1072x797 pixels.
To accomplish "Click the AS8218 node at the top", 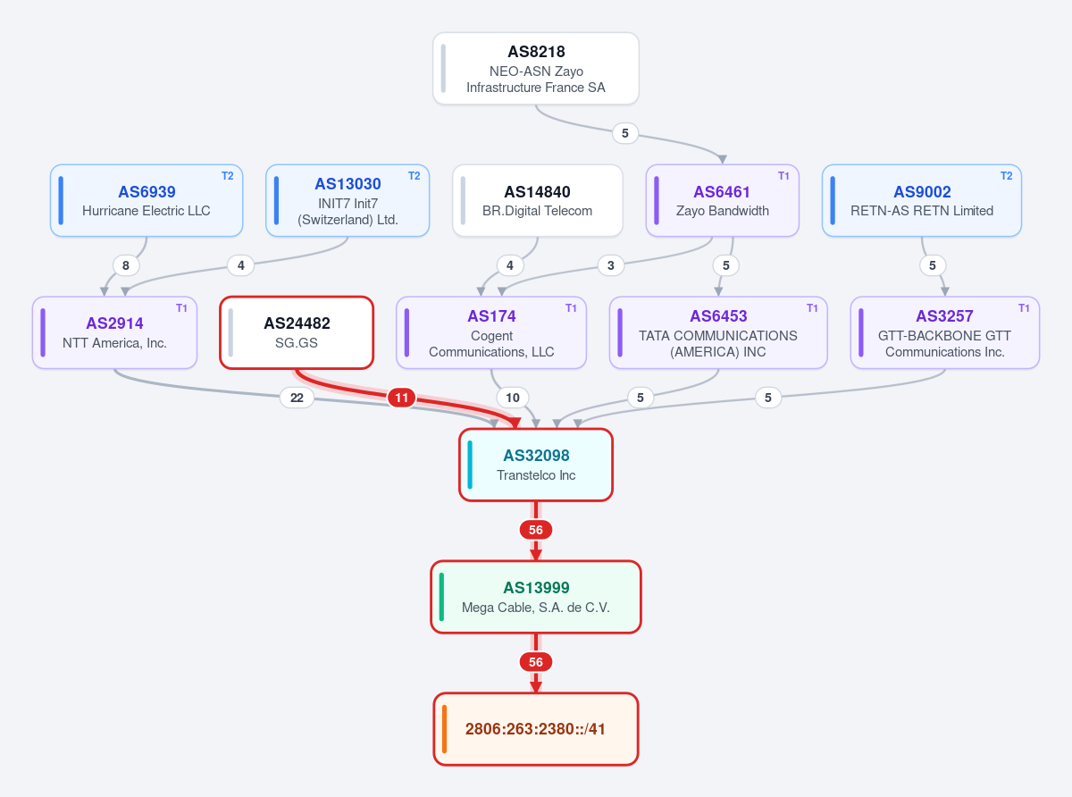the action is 535,69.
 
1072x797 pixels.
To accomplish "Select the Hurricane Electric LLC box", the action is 147,201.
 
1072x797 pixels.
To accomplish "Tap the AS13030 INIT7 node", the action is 348,201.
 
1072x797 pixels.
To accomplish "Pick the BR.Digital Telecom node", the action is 538,201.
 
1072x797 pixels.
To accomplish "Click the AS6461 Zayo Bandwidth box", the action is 722,201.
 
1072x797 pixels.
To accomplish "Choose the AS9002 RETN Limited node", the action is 922,201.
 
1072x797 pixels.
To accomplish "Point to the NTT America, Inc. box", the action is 114,332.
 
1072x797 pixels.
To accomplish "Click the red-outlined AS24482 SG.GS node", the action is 297,332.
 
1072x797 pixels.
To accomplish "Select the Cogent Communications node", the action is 491,332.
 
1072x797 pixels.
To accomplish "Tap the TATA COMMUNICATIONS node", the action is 718,332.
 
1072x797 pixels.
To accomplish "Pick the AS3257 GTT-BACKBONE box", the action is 945,332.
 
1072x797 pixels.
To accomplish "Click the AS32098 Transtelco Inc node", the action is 536,465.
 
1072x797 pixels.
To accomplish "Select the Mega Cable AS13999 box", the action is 536,597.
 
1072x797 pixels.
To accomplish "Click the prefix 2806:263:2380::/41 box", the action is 536,729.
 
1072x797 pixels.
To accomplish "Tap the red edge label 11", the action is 401,398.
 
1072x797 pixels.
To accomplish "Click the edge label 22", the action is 297,398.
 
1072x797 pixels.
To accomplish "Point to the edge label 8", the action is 126,265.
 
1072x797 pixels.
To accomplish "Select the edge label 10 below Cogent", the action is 512,398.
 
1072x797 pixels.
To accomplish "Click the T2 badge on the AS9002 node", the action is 1006,176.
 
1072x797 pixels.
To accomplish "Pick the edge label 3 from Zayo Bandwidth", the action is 611,265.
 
